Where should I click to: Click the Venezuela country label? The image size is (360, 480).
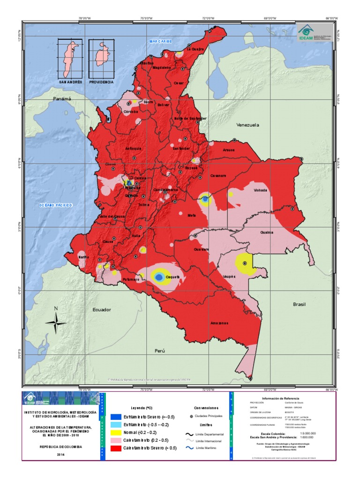pyautogui.click(x=247, y=125)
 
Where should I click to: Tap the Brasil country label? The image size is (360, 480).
pyautogui.click(x=299, y=304)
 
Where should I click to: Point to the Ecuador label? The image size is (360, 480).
pyautogui.click(x=102, y=310)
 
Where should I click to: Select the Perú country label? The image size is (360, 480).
pyautogui.click(x=161, y=351)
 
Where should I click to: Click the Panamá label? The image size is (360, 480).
pyautogui.click(x=62, y=99)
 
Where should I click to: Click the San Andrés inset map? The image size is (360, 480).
pyautogui.click(x=71, y=58)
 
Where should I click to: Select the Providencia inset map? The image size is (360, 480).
pyautogui.click(x=101, y=58)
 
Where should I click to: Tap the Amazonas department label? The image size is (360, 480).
pyautogui.click(x=219, y=323)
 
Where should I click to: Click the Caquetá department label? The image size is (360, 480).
pyautogui.click(x=173, y=277)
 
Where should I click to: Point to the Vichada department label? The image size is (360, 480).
pyautogui.click(x=260, y=190)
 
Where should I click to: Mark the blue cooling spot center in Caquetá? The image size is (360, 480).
pyautogui.click(x=159, y=277)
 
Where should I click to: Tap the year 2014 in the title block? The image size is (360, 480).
pyautogui.click(x=61, y=454)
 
